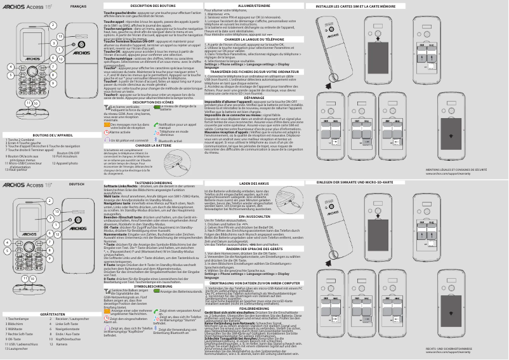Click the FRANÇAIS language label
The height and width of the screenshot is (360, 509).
click(x=78, y=6)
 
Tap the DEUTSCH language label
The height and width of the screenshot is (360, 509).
click(x=77, y=184)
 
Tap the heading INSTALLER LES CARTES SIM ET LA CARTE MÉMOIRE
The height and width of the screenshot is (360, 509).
click(x=356, y=6)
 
